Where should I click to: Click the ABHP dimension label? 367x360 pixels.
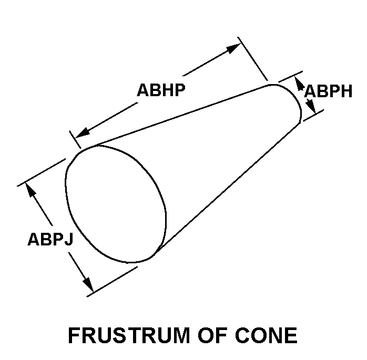tap(161, 90)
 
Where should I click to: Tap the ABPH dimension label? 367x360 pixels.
tap(329, 91)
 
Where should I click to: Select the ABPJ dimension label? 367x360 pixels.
tap(50, 239)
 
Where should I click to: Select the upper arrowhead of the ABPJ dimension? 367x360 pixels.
tap(31, 190)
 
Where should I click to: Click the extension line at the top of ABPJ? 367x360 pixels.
tap(42, 171)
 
